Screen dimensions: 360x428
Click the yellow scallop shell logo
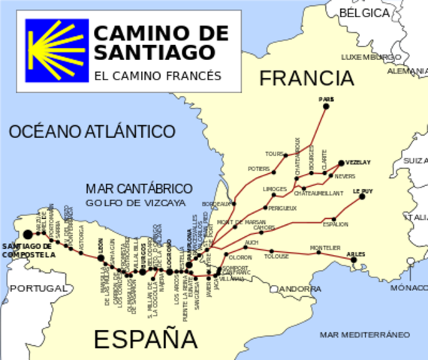[56, 50]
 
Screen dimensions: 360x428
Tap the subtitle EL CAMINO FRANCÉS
[158, 76]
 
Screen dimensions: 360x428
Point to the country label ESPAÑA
[146, 339]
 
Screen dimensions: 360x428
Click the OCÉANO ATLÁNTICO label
[92, 132]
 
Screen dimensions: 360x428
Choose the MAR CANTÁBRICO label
[139, 188]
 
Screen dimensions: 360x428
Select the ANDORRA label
[300, 289]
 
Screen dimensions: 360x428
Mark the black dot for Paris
[326, 106]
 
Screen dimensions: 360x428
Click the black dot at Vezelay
[341, 163]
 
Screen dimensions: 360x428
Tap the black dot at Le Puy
[362, 196]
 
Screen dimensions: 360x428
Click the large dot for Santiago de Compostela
[28, 234]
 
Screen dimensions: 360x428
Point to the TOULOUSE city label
[276, 256]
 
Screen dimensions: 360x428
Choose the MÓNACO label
[408, 287]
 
